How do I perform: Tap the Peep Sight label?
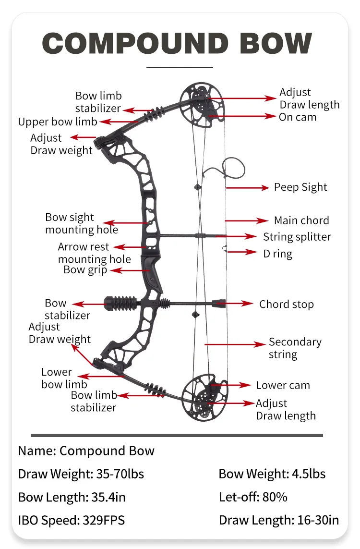300,187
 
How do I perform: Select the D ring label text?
277,254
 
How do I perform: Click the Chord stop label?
286,304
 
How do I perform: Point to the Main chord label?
301,220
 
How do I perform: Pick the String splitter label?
297,237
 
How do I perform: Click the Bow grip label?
85,270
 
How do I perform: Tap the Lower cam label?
283,385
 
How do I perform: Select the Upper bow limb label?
58,122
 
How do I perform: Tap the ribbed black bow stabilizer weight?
120,304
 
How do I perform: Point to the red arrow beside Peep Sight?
248,188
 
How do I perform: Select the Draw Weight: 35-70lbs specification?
81,474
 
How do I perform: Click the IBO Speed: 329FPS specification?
71,520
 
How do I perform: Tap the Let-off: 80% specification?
253,497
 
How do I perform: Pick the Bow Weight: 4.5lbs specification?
272,474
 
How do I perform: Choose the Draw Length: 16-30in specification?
279,520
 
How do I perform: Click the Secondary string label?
295,348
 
